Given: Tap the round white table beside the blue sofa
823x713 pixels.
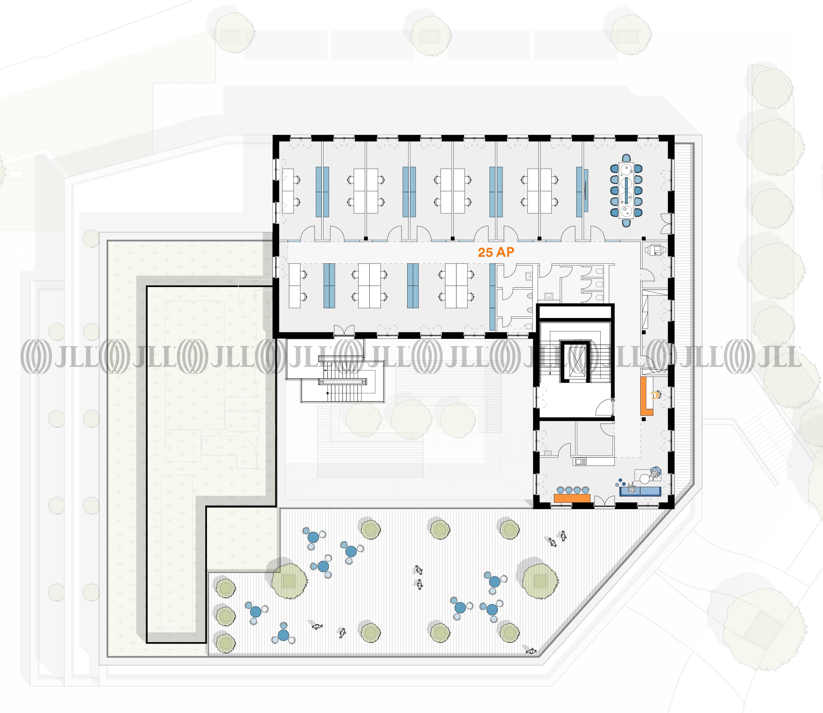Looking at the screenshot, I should coord(645,479).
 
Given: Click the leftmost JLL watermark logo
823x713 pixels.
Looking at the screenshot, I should coord(60,356).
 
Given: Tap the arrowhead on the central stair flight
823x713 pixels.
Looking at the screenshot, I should coord(550,374).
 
